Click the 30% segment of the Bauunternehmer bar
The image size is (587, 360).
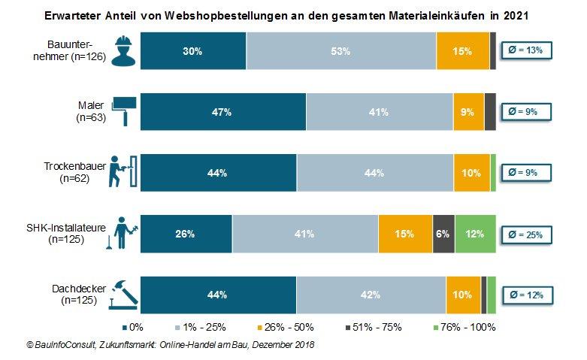(x=193, y=52)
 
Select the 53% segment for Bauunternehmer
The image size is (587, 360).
(x=341, y=52)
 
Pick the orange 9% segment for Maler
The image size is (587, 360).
(x=468, y=112)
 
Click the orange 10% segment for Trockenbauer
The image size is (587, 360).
(x=471, y=173)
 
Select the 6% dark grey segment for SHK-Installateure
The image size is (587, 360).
(x=443, y=234)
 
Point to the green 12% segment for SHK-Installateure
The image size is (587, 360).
(x=475, y=234)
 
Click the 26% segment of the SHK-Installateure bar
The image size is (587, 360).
(x=186, y=234)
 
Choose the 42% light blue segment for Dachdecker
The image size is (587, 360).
(x=370, y=295)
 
